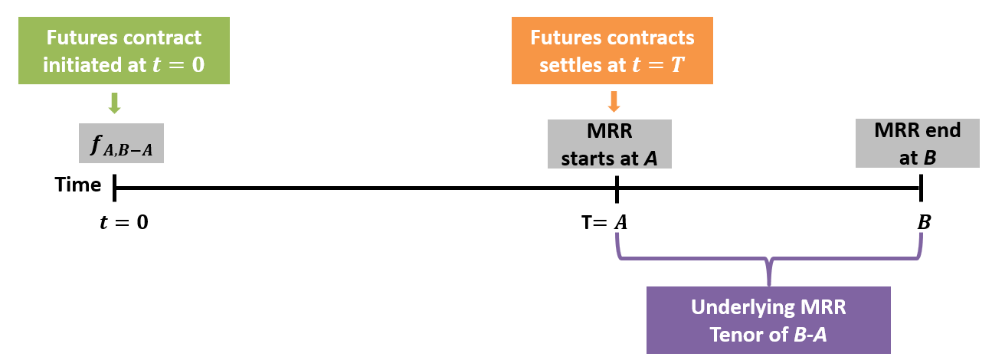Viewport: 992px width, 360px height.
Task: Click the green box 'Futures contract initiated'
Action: (x=123, y=51)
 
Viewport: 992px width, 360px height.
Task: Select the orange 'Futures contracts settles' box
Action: (x=612, y=51)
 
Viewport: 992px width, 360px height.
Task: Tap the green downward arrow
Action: (x=115, y=103)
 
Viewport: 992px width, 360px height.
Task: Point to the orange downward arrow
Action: (x=613, y=102)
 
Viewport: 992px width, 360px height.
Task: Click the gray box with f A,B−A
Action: (x=121, y=143)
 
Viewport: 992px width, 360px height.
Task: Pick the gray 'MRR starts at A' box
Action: (x=609, y=144)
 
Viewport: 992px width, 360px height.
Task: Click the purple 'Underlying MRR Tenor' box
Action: (x=768, y=320)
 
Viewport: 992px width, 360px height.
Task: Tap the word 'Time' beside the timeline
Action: (x=78, y=185)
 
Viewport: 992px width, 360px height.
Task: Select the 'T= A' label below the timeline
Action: (x=604, y=223)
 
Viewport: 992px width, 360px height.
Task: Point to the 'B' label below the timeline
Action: (x=924, y=223)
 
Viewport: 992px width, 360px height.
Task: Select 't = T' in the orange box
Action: (x=668, y=64)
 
